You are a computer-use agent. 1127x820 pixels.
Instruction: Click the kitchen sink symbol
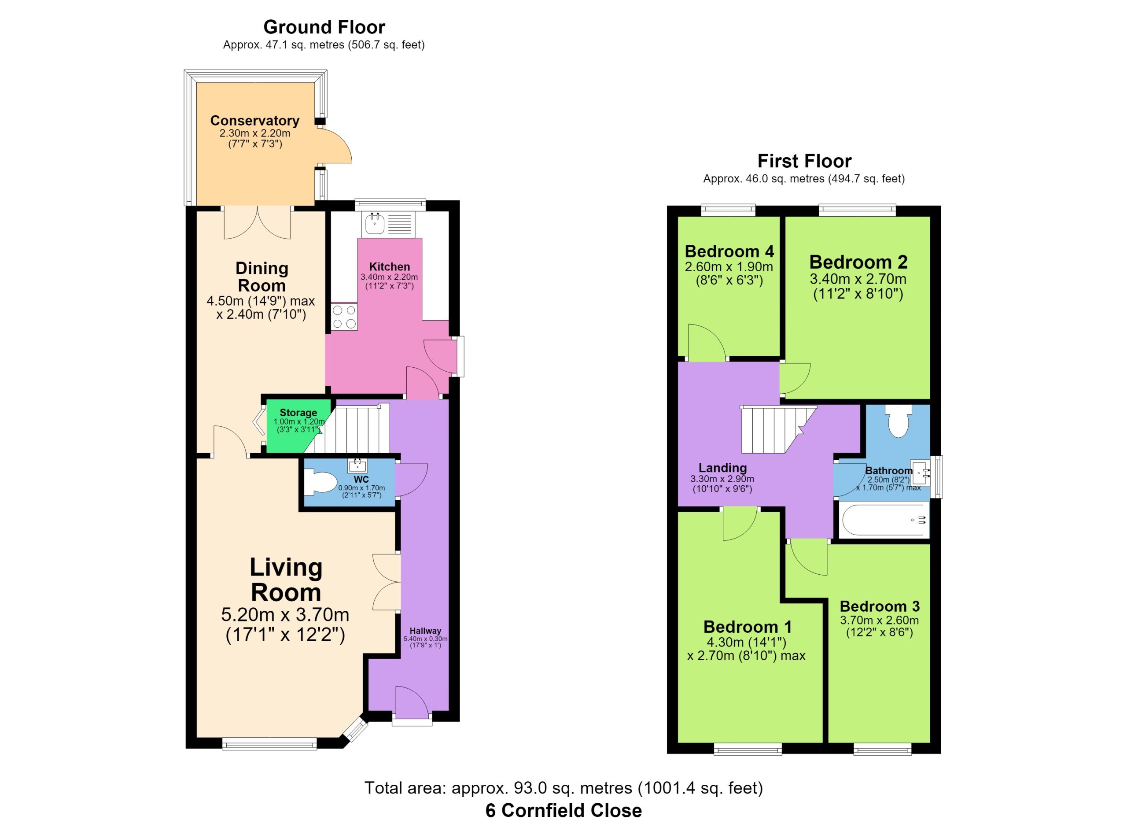[x=389, y=224]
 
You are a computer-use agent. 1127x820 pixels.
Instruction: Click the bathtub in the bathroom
[x=884, y=520]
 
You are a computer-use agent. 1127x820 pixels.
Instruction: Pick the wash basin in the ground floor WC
[x=358, y=465]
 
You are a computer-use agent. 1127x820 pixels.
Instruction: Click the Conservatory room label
[x=255, y=121]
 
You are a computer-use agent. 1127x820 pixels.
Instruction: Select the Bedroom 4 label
[x=729, y=251]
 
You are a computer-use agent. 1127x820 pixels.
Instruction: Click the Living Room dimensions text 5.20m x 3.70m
[x=285, y=615]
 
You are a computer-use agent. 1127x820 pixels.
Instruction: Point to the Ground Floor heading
[x=324, y=27]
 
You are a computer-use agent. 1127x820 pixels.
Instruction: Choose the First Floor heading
[x=804, y=161]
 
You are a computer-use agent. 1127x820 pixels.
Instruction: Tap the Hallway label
[x=425, y=631]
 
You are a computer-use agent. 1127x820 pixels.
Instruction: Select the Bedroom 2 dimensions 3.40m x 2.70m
[x=858, y=279]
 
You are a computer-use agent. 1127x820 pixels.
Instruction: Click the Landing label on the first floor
[x=722, y=468]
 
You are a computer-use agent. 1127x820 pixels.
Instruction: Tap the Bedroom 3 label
[x=880, y=606]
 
